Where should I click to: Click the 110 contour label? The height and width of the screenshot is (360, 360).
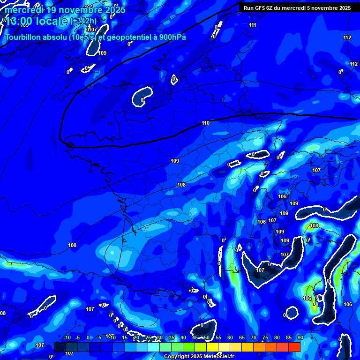pyautogui.click(x=205, y=123)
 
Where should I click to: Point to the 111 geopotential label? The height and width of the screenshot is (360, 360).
pyautogui.click(x=253, y=25)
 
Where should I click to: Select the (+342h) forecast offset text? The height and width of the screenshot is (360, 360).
pyautogui.click(x=83, y=21)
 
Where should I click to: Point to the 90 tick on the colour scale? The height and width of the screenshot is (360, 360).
pyautogui.click(x=300, y=337)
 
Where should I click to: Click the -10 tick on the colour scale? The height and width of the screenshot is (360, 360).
pyautogui.click(x=67, y=337)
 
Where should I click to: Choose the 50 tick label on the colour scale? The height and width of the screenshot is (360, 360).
pyautogui.click(x=206, y=337)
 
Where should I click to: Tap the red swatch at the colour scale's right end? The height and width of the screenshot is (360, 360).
pyautogui.click(x=294, y=346)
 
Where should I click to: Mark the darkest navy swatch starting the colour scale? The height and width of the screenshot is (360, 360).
pyautogui.click(x=60, y=346)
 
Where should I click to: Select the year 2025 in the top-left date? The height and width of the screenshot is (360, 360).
pyautogui.click(x=112, y=10)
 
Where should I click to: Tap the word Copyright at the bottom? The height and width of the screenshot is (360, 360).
pyautogui.click(x=176, y=356)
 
